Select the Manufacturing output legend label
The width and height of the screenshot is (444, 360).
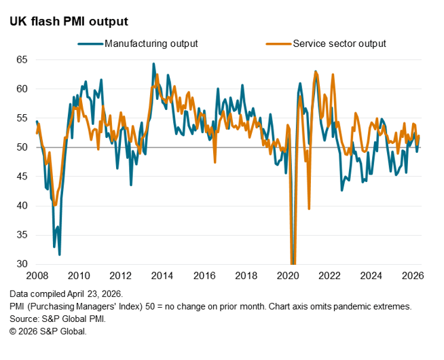[151, 44]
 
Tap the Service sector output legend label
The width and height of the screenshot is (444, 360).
[339, 44]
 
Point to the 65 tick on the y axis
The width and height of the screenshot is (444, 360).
[22, 60]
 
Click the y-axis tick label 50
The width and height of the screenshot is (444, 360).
[22, 147]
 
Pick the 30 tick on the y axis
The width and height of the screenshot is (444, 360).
[22, 264]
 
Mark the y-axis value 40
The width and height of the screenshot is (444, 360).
[22, 206]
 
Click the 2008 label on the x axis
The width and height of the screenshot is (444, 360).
[37, 276]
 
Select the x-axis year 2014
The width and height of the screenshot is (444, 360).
[162, 276]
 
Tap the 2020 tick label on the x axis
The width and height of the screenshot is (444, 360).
[288, 276]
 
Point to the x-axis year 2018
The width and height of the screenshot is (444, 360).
[246, 276]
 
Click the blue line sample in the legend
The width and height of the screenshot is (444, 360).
[90, 44]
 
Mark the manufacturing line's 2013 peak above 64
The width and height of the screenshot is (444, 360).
[153, 64]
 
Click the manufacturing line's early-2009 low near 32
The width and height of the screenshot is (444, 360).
[60, 254]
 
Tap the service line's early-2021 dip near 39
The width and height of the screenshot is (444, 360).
[309, 209]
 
